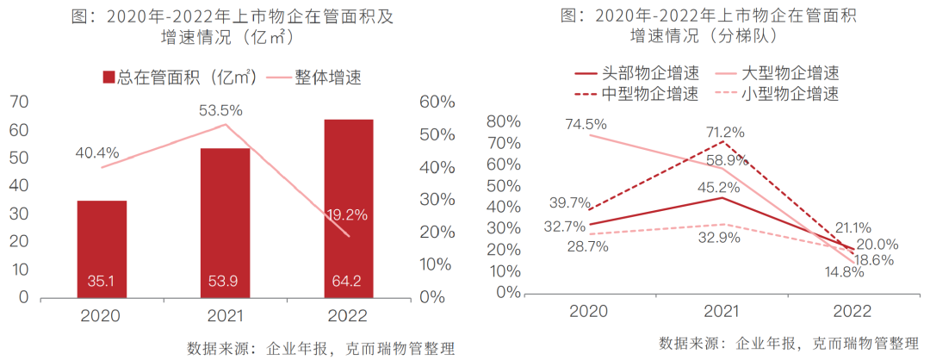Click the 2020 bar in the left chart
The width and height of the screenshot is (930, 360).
pos(102,250)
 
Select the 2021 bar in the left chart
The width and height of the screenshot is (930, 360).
pos(225,223)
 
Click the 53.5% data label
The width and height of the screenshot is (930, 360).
pos(222,110)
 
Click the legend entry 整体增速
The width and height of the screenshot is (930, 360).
pos(314,78)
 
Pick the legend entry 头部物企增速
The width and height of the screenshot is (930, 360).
pos(636,73)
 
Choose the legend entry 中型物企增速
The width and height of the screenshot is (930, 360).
pos(636,93)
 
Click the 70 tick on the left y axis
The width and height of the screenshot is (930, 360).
pos(18,102)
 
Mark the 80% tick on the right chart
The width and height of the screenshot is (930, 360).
pos(503,121)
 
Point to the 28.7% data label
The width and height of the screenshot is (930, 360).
pos(586,246)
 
